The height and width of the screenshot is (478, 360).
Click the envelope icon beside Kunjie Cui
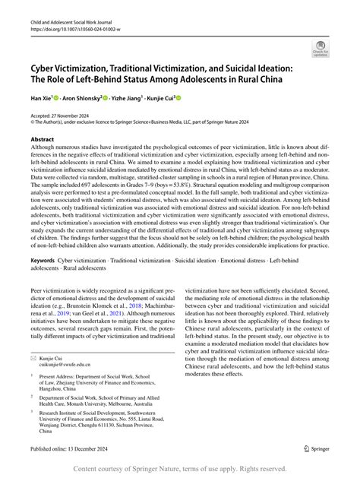[x=33, y=356]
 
